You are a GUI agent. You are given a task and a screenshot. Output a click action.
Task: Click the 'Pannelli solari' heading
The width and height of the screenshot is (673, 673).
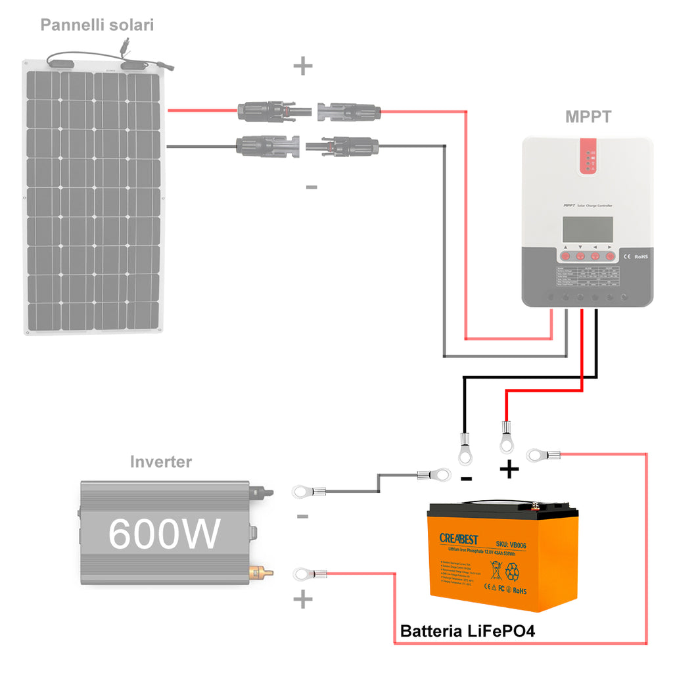tap(97, 26)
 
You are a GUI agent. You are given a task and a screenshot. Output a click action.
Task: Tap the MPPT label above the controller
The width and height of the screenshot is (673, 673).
tap(588, 117)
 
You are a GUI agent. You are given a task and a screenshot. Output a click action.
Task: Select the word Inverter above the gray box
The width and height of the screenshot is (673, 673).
tap(161, 462)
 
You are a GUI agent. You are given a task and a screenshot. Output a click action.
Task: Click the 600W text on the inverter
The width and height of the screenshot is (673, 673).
tap(164, 533)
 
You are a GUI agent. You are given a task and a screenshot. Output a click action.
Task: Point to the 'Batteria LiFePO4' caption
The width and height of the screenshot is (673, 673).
tap(467, 632)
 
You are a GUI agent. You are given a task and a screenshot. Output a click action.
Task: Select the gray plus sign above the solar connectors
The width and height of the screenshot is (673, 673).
tap(302, 66)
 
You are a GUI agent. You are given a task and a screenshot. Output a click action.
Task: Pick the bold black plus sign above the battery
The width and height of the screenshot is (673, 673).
tap(509, 470)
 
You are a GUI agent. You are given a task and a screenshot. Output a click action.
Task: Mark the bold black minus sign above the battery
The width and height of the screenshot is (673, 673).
tap(466, 478)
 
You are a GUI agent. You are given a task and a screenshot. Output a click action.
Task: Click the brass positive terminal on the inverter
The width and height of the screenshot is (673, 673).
tap(261, 573)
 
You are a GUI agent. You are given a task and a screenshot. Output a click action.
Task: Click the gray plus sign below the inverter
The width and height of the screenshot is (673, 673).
tap(302, 599)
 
